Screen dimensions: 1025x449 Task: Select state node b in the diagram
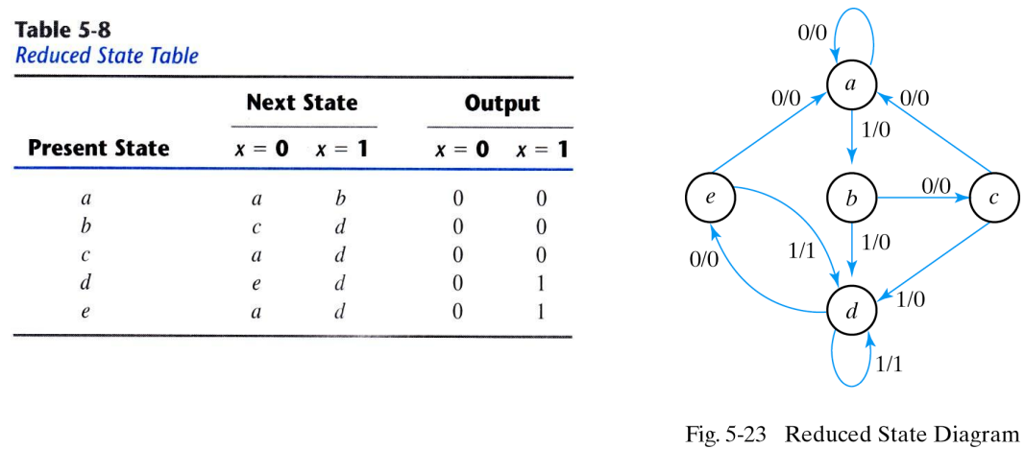click(x=851, y=199)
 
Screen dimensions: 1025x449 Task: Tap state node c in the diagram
click(x=992, y=199)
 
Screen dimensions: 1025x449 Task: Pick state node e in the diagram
click(x=709, y=199)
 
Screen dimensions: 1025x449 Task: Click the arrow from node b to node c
click(x=922, y=199)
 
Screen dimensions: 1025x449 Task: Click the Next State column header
click(x=302, y=103)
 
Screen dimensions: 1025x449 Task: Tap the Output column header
click(x=501, y=103)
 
